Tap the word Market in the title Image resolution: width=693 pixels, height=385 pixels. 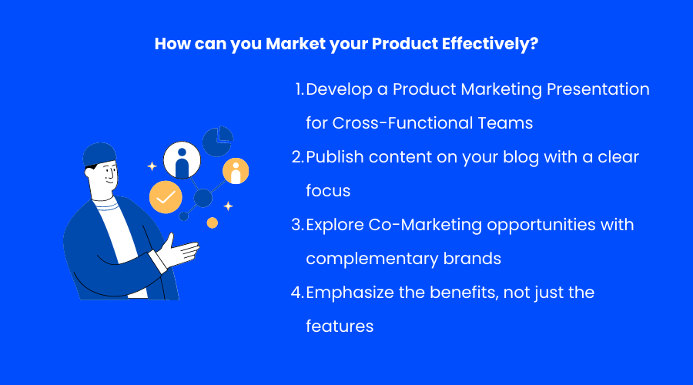(295, 44)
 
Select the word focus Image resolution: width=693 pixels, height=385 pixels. (328, 191)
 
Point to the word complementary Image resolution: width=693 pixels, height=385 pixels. (373, 259)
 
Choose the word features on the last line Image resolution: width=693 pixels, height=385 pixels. (340, 326)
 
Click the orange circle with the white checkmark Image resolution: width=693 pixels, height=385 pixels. (166, 197)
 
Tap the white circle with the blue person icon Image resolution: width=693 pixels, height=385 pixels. (182, 159)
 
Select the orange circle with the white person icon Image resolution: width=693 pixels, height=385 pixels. (236, 171)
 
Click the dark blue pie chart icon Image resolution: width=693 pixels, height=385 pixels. (217, 142)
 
